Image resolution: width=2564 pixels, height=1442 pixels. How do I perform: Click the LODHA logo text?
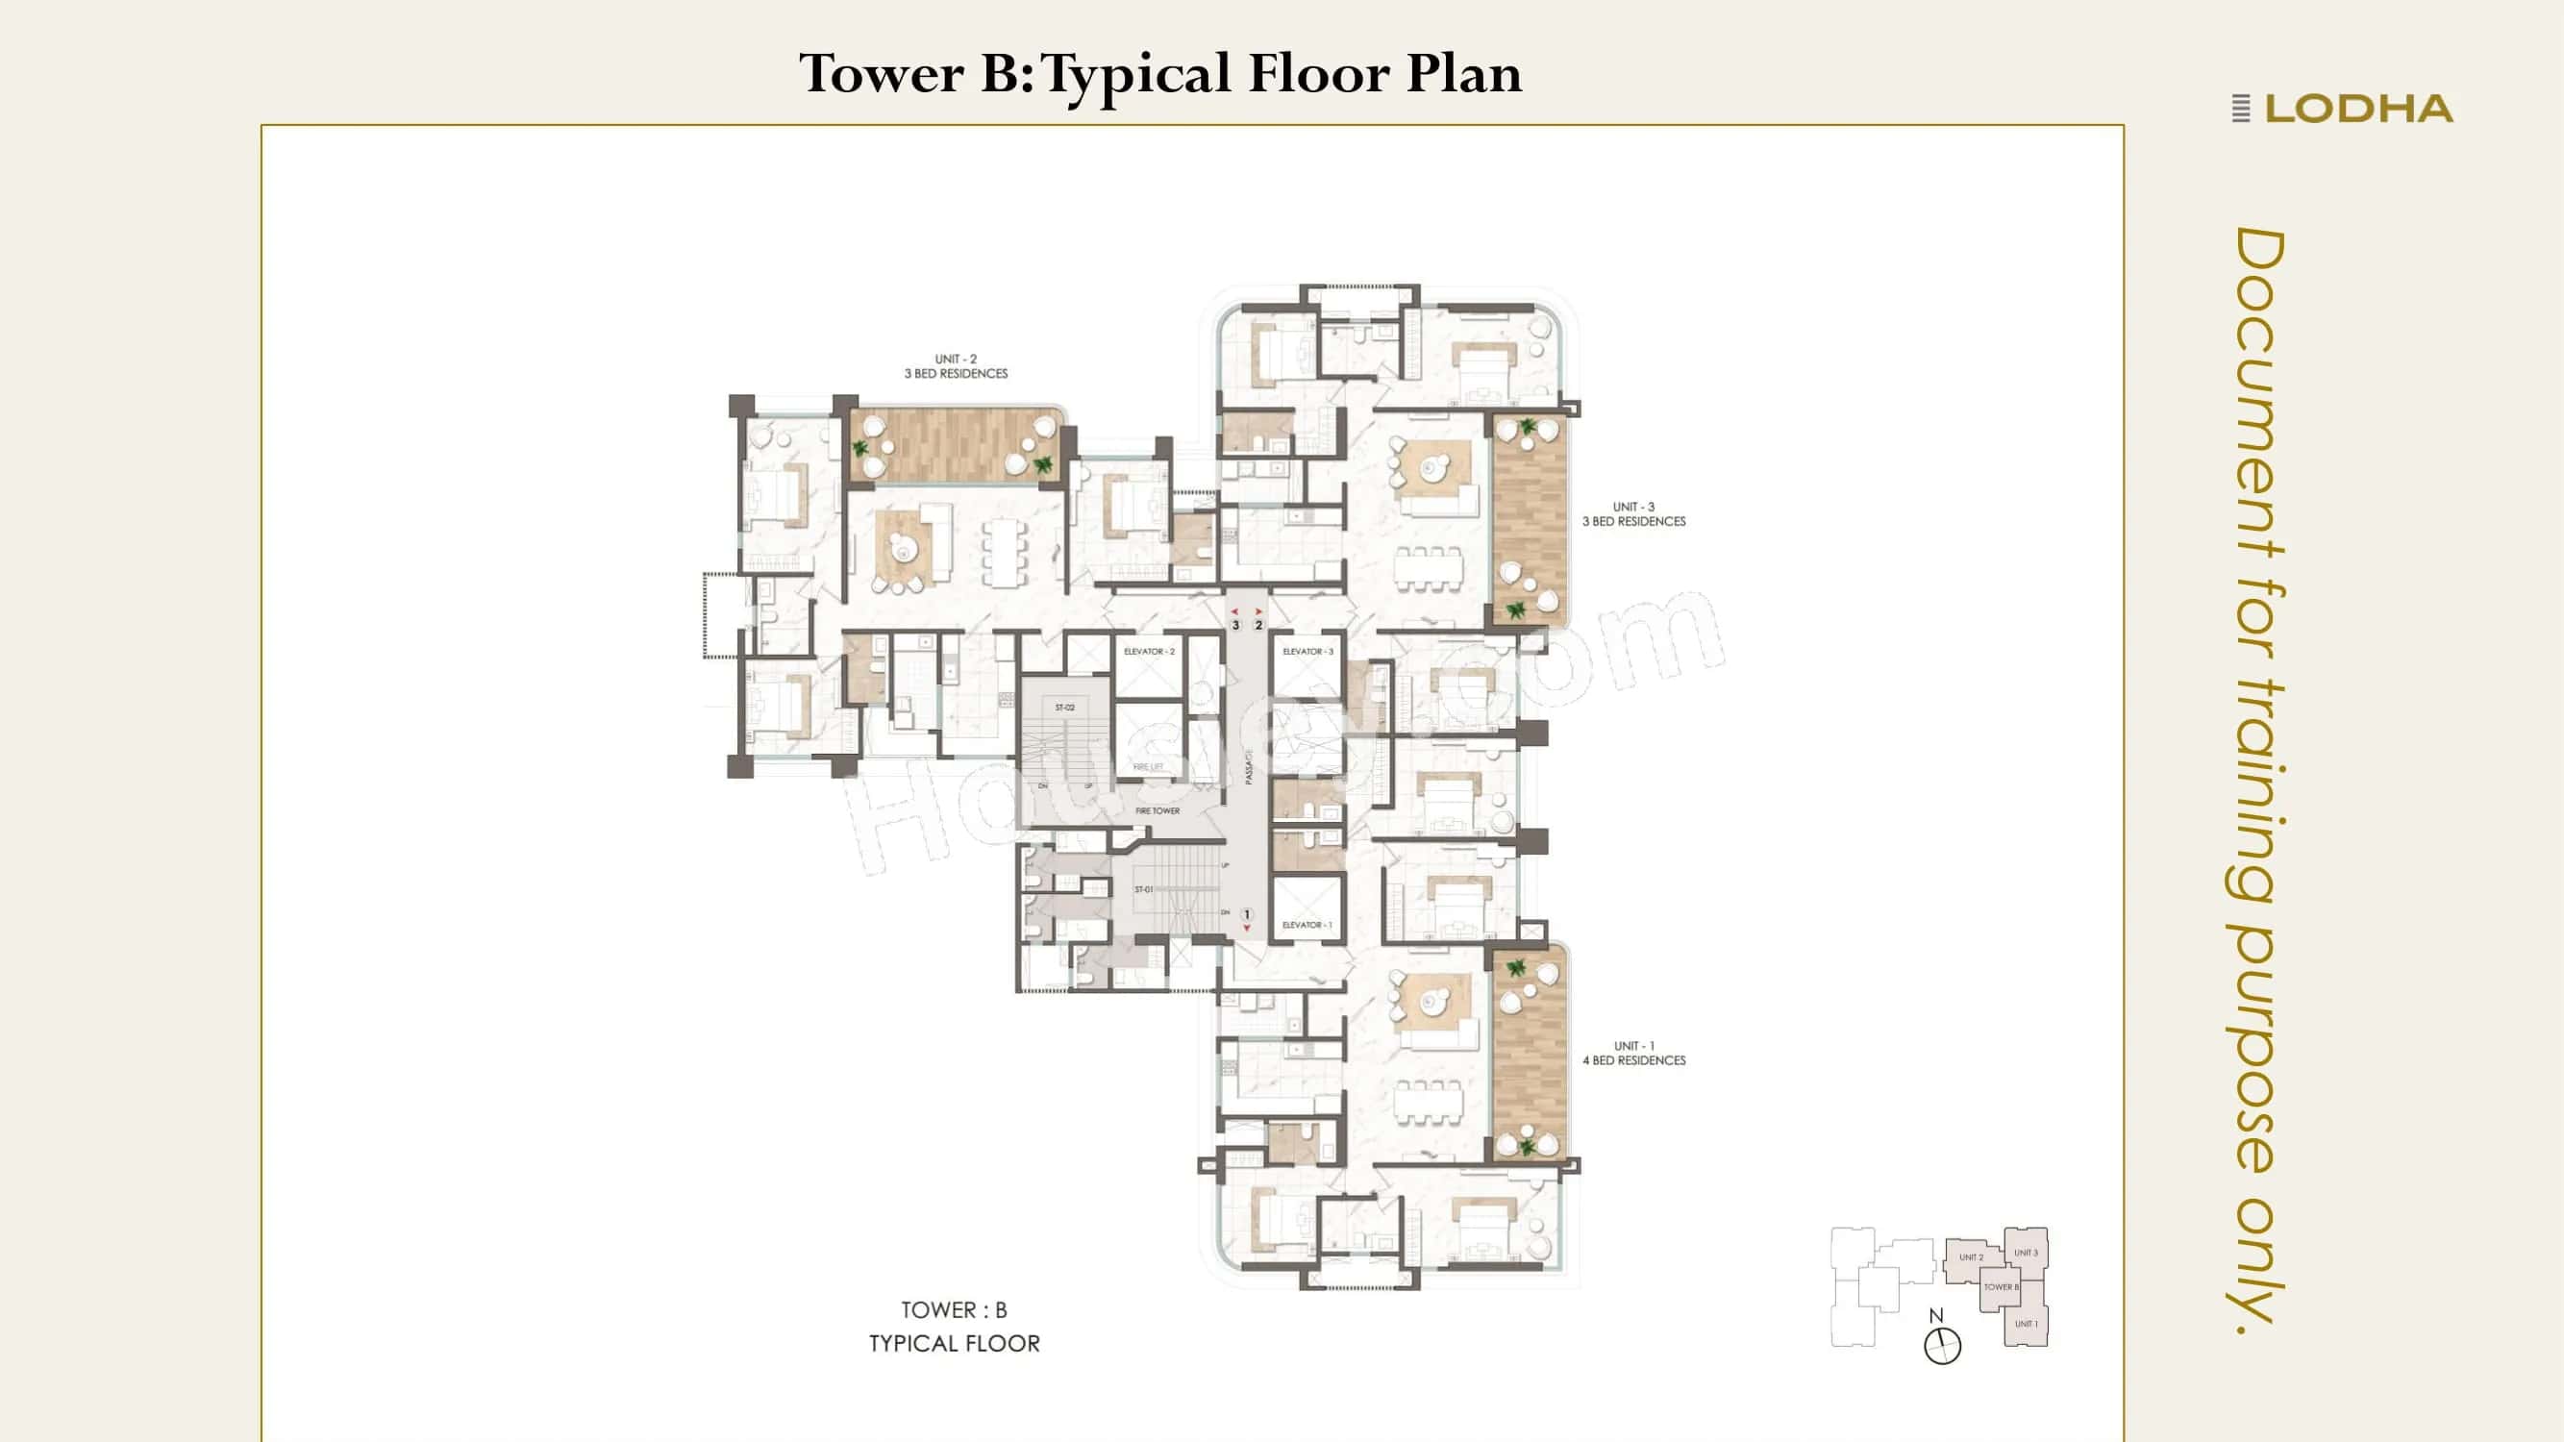coord(2358,109)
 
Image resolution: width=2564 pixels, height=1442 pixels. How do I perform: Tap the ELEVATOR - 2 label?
coord(1149,652)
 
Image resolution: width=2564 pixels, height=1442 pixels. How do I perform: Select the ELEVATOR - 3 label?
coord(1307,652)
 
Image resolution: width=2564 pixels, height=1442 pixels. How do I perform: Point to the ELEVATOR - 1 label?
coord(1306,926)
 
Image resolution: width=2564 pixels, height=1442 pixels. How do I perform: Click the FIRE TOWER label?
coord(1158,811)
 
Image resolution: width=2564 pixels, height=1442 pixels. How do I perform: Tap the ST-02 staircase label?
coord(1064,708)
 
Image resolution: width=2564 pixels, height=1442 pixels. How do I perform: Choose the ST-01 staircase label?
coord(1143,889)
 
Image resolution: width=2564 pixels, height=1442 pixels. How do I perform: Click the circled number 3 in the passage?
coord(1235,625)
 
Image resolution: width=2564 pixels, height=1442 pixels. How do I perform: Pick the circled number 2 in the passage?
coord(1258,625)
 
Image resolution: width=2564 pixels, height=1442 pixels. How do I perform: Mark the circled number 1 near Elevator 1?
coord(1246,914)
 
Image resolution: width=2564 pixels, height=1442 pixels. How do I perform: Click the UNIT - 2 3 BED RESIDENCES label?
coord(956,366)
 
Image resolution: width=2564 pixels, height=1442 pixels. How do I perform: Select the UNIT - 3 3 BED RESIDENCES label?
coord(1633,513)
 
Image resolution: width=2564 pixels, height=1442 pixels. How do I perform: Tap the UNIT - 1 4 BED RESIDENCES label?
coord(1633,1053)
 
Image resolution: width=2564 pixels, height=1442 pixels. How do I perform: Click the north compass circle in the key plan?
coord(1942,1347)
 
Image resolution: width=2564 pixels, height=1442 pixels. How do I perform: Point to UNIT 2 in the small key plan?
coord(1971,1256)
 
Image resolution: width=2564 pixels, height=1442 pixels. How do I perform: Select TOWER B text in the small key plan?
coord(2001,1287)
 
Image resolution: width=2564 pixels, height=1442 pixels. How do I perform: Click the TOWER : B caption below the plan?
coord(954,1310)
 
